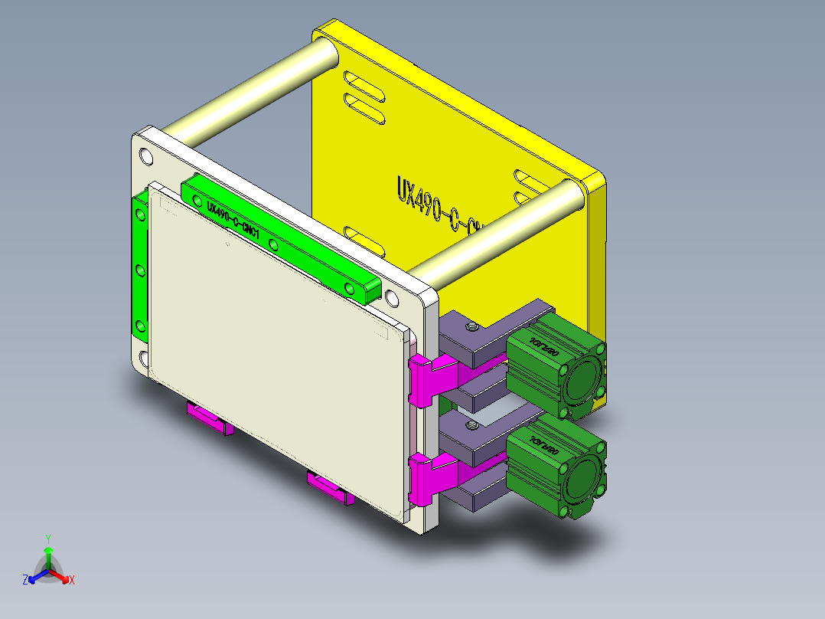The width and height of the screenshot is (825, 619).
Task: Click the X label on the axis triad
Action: coord(72,581)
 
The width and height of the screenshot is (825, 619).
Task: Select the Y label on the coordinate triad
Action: coord(47,539)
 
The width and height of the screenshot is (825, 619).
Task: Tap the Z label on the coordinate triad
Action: coord(25,581)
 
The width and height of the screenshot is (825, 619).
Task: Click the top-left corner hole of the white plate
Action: coord(146,158)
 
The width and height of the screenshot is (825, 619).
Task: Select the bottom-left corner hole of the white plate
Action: coord(143,358)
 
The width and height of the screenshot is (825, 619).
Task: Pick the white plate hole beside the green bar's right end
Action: coord(392,296)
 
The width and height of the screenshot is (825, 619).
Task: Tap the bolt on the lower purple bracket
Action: coord(472,424)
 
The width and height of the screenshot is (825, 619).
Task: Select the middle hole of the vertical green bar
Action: coord(139,270)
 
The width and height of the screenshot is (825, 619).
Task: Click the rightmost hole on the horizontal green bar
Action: coord(350,288)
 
